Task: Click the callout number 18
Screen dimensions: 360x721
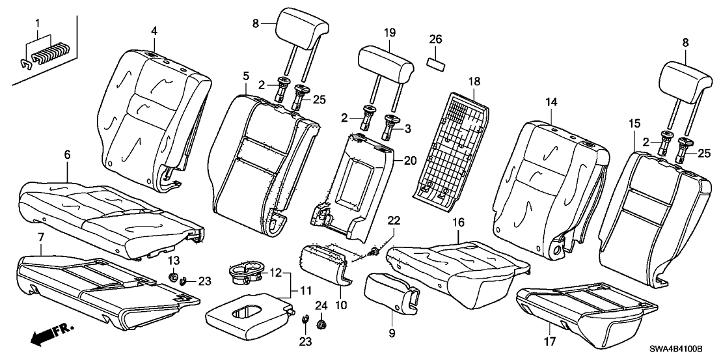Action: click(x=474, y=81)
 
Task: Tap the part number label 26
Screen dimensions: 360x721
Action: click(x=435, y=39)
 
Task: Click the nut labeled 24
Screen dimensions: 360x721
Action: click(x=320, y=323)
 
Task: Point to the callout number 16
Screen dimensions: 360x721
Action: click(x=458, y=222)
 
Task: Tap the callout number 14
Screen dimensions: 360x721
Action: click(x=551, y=102)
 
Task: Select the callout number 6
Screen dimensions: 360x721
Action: click(x=67, y=156)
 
